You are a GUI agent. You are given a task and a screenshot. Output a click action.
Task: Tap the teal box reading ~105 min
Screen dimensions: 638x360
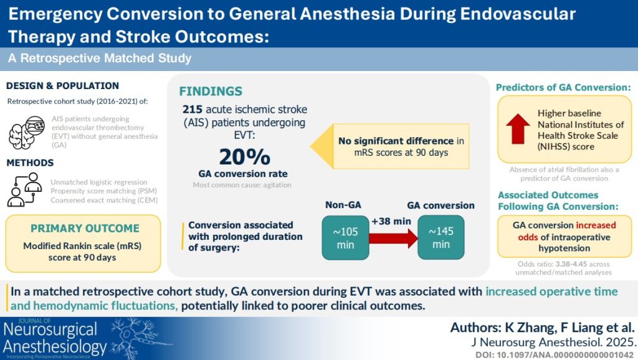click(x=345, y=238)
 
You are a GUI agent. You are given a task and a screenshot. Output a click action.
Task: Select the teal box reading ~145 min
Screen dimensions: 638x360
click(x=440, y=237)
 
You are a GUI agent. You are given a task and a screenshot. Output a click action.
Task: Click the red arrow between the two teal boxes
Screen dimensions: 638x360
click(x=394, y=238)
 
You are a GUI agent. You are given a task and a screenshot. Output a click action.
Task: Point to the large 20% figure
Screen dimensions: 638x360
click(x=244, y=156)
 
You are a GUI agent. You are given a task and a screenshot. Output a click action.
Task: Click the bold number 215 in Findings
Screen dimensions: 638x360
click(x=193, y=110)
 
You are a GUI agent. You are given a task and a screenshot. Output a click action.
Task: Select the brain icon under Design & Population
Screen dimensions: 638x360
click(x=26, y=132)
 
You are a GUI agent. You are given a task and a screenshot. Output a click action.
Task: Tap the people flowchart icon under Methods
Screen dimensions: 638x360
click(x=25, y=189)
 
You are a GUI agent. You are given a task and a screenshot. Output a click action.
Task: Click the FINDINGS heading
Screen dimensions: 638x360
click(x=211, y=91)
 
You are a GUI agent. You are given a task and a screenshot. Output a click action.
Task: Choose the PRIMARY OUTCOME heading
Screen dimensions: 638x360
click(x=85, y=228)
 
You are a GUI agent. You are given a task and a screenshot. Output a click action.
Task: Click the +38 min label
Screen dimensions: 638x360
click(x=391, y=221)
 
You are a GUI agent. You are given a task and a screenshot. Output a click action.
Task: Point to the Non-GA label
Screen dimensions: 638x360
click(x=343, y=205)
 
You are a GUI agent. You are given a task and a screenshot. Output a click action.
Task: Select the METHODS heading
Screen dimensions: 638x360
click(x=30, y=163)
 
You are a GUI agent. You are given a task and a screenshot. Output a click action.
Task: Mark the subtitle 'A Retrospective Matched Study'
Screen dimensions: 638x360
click(x=100, y=58)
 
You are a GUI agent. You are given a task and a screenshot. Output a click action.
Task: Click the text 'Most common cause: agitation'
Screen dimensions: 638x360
click(x=242, y=185)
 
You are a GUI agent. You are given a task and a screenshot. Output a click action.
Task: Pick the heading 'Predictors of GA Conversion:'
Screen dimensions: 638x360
click(x=563, y=87)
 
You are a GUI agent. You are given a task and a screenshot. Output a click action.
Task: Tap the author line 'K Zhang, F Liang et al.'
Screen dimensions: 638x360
click(x=569, y=328)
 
